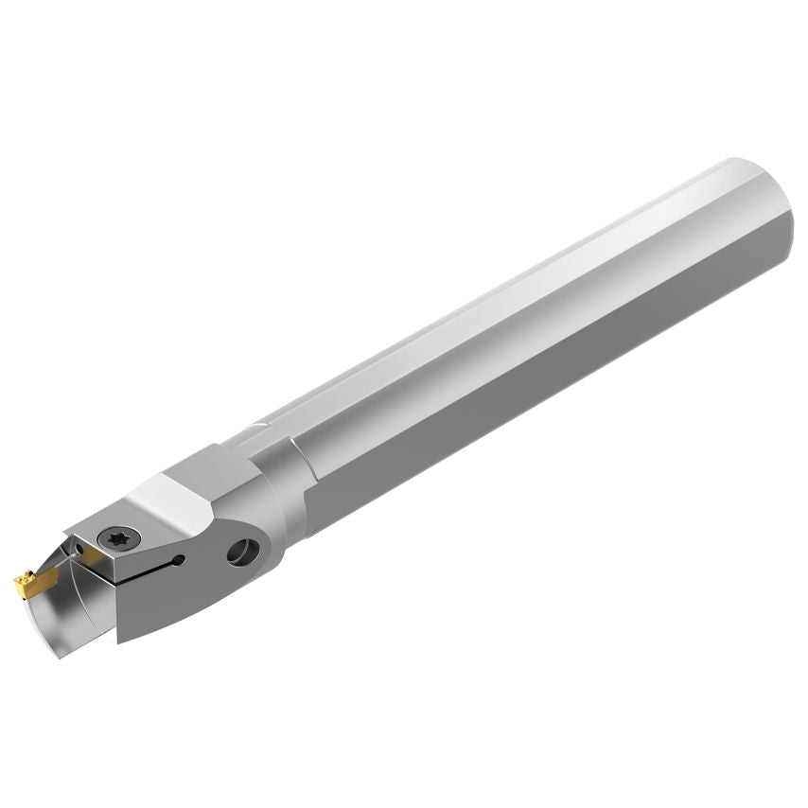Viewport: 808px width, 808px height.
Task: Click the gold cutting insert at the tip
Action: (x=28, y=579)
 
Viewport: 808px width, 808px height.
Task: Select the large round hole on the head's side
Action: (x=242, y=551)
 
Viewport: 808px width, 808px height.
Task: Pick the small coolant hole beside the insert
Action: (x=79, y=548)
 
